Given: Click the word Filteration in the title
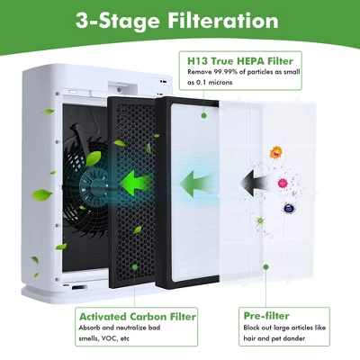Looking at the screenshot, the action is [223, 21].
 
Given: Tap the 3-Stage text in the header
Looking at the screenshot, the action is [118, 22].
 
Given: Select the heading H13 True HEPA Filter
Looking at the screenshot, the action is [240, 61].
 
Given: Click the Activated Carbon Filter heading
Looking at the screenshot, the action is [138, 317].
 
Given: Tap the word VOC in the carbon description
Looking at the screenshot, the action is [109, 338].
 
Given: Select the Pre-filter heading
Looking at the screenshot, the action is [266, 316].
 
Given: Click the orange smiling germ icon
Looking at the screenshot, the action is [276, 152].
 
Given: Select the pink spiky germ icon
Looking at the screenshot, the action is [282, 183].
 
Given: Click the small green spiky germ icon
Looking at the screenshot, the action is [260, 221].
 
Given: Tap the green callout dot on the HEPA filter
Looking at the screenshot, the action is [203, 115].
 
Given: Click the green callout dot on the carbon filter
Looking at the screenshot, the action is [135, 267].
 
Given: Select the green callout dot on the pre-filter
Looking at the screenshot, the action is [265, 267].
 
